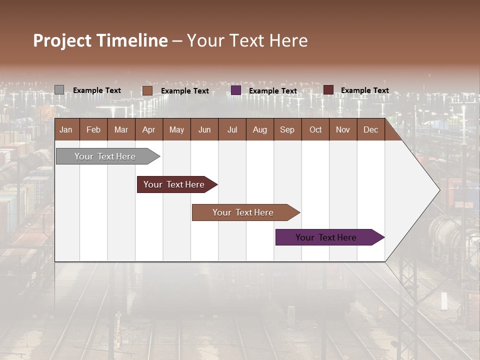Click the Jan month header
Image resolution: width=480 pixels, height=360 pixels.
[66, 129]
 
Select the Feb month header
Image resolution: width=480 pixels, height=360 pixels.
[93, 129]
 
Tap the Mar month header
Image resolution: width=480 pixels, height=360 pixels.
[121, 129]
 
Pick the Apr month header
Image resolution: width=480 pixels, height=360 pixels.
[149, 129]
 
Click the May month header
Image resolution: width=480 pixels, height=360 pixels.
[176, 129]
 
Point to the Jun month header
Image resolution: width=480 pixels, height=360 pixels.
[204, 129]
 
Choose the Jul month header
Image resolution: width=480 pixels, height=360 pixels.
[232, 129]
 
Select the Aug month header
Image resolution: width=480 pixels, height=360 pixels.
[260, 129]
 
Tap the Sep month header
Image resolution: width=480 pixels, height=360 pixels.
[287, 129]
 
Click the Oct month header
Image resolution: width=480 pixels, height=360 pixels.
[315, 129]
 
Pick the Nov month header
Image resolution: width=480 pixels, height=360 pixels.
[343, 129]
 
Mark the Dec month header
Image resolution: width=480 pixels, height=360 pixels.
[371, 129]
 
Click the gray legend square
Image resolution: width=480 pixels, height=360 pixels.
[59, 90]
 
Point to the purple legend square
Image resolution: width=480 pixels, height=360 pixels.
[236, 90]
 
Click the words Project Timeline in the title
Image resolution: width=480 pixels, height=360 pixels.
[100, 40]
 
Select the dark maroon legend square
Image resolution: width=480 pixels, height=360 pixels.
[328, 90]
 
